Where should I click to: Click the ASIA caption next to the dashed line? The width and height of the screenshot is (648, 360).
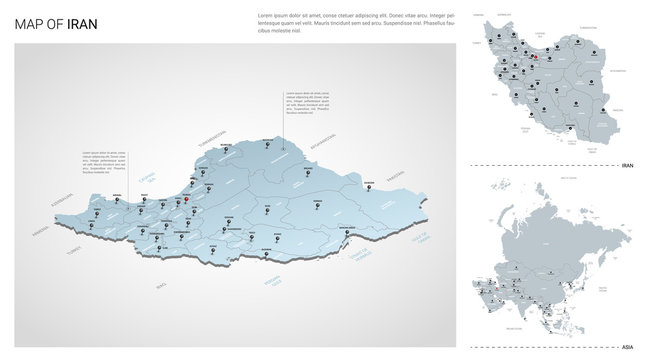pos(628,340)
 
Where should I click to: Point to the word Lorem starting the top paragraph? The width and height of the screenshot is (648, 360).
pos(266,14)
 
